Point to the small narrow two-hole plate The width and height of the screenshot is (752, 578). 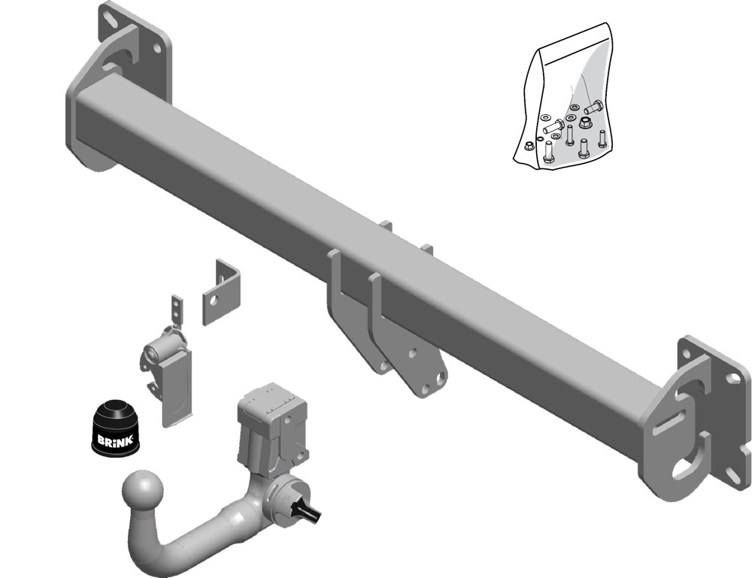177,310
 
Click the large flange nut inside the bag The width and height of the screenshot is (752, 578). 585,123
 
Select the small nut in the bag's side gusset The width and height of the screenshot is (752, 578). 528,146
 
